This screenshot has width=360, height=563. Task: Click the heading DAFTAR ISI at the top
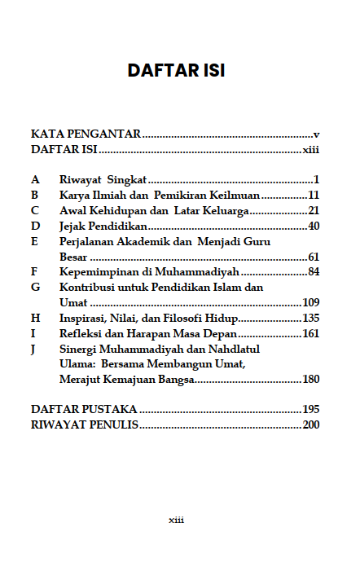[176, 71]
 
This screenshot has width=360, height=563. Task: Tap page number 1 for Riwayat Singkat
[315, 179]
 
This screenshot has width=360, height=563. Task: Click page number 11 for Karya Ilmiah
[313, 195]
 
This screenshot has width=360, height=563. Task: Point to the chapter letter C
[35, 210]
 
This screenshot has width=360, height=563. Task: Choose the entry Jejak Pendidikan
[103, 226]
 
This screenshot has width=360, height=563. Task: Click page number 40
[313, 226]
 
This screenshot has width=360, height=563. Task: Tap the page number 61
[313, 257]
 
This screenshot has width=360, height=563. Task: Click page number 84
[313, 271]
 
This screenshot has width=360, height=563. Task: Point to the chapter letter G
[35, 288]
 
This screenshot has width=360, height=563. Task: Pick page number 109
[310, 302]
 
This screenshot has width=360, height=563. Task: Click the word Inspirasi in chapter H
[86, 318]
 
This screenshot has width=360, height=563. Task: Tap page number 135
[310, 318]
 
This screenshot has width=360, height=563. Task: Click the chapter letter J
[33, 349]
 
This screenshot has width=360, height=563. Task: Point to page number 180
[310, 379]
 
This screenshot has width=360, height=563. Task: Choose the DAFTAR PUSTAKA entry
[83, 409]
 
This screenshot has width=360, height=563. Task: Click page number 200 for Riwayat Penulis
[310, 424]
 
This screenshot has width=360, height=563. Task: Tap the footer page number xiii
[176, 520]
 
